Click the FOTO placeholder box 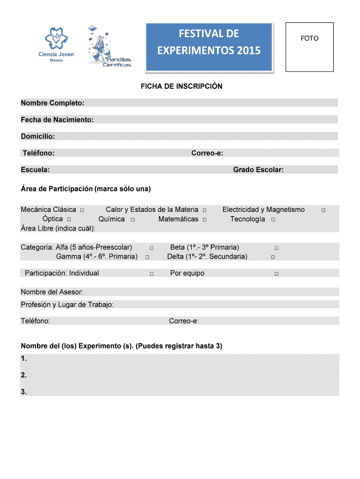tap(310, 47)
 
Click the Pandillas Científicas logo tap(108, 47)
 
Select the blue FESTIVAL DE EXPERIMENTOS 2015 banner tap(209, 42)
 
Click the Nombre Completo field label tap(52, 103)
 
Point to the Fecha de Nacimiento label tap(57, 120)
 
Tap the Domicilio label tap(38, 137)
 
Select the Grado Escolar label tap(258, 170)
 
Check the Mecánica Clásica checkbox tap(82, 210)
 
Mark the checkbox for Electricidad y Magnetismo tap(323, 210)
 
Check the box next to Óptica tap(69, 219)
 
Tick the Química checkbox tap(133, 219)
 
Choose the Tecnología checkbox tap(273, 219)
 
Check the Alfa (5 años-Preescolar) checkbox tap(151, 247)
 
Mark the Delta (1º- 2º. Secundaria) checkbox tap(273, 257)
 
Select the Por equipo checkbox tap(276, 274)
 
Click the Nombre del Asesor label tap(52, 292)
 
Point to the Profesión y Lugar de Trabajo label tap(67, 305)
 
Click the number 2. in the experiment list tap(24, 375)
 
